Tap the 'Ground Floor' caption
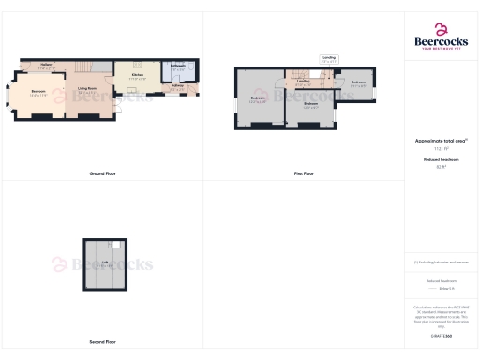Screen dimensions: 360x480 pos(102,174)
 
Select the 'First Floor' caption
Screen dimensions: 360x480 pos(303,174)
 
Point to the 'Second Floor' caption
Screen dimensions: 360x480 pos(103,342)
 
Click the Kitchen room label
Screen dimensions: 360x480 pos(137,76)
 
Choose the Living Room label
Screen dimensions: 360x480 pos(89,92)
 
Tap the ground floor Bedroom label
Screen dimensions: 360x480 pos(38,92)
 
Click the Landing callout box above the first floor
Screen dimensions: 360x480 pos(329,59)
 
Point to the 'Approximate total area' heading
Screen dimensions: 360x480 pos(441,141)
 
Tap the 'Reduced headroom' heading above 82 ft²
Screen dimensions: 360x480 pos(441,160)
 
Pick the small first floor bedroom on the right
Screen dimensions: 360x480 pos(358,83)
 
